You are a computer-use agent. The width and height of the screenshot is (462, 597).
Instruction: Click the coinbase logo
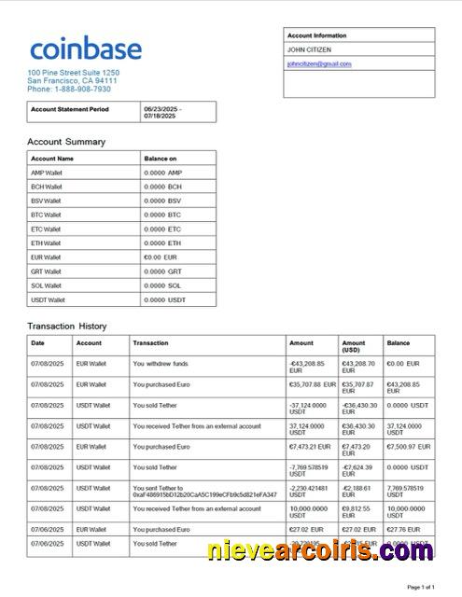click(85, 49)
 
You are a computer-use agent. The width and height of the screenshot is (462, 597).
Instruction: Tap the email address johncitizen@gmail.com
click(319, 63)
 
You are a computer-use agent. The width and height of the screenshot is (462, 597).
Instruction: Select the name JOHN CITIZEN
click(309, 49)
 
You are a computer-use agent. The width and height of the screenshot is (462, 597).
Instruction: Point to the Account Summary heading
click(65, 142)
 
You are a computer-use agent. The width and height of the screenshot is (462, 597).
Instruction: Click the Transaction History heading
click(66, 326)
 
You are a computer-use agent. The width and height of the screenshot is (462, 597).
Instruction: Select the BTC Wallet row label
click(46, 215)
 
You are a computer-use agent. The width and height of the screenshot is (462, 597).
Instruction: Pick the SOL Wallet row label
click(46, 285)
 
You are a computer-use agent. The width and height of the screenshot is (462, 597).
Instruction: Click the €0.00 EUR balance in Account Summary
click(161, 257)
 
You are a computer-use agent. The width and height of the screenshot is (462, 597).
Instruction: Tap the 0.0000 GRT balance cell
click(163, 271)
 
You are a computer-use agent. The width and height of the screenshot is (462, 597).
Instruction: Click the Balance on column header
click(160, 159)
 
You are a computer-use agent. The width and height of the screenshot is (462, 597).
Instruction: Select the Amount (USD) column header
click(356, 346)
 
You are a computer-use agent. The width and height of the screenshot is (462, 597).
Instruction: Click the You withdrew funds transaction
click(161, 363)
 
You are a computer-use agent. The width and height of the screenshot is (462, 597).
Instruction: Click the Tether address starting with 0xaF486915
click(204, 494)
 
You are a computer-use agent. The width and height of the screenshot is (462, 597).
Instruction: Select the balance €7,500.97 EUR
click(409, 447)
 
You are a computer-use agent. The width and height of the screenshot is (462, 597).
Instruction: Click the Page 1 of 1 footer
click(421, 587)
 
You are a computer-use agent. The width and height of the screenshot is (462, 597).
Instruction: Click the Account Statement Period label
click(70, 109)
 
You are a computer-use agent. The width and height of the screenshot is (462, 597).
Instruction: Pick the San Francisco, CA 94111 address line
click(72, 81)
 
